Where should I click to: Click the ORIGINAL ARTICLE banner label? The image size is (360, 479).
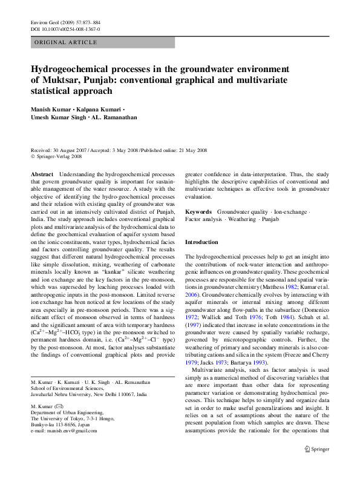tap(66, 42)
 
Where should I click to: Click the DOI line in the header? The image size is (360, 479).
tap(65, 28)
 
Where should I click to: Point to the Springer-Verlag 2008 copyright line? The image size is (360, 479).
tap(57, 156)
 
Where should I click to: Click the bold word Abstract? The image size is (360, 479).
tap(42, 173)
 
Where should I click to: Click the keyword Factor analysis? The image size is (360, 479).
tap(204, 219)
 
